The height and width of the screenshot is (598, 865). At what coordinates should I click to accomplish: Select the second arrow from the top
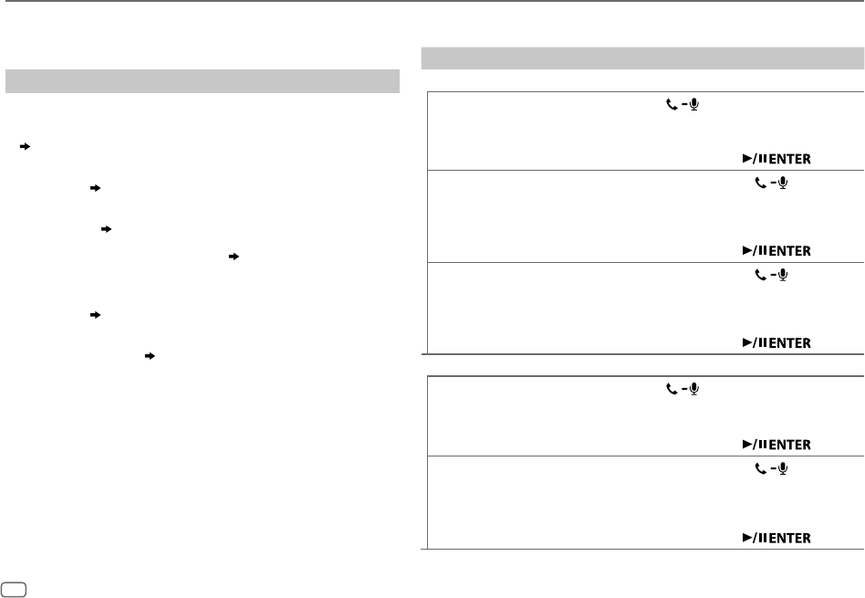click(94, 187)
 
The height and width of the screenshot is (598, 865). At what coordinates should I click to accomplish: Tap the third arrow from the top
click(107, 228)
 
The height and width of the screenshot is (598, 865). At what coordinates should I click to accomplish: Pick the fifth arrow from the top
click(94, 314)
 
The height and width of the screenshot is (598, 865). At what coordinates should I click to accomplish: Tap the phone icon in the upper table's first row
click(672, 106)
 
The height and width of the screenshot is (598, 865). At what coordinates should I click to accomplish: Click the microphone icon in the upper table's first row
click(694, 106)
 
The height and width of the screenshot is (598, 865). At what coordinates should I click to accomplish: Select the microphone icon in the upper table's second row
click(783, 184)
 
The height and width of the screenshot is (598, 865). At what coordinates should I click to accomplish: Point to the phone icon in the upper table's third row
click(761, 274)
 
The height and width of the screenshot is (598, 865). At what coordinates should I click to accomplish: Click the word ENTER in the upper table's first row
click(789, 159)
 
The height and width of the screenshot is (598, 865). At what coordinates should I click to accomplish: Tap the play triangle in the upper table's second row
click(745, 251)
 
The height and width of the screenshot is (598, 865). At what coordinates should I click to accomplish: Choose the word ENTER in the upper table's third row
click(789, 343)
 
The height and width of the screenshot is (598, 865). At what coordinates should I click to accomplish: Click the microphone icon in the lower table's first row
click(694, 389)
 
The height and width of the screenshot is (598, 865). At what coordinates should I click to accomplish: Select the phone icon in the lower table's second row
click(761, 467)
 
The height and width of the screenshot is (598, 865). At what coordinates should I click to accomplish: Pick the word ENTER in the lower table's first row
click(789, 444)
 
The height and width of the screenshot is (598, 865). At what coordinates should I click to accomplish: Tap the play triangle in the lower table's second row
click(745, 537)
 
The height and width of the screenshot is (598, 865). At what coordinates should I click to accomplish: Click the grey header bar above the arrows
click(203, 80)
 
